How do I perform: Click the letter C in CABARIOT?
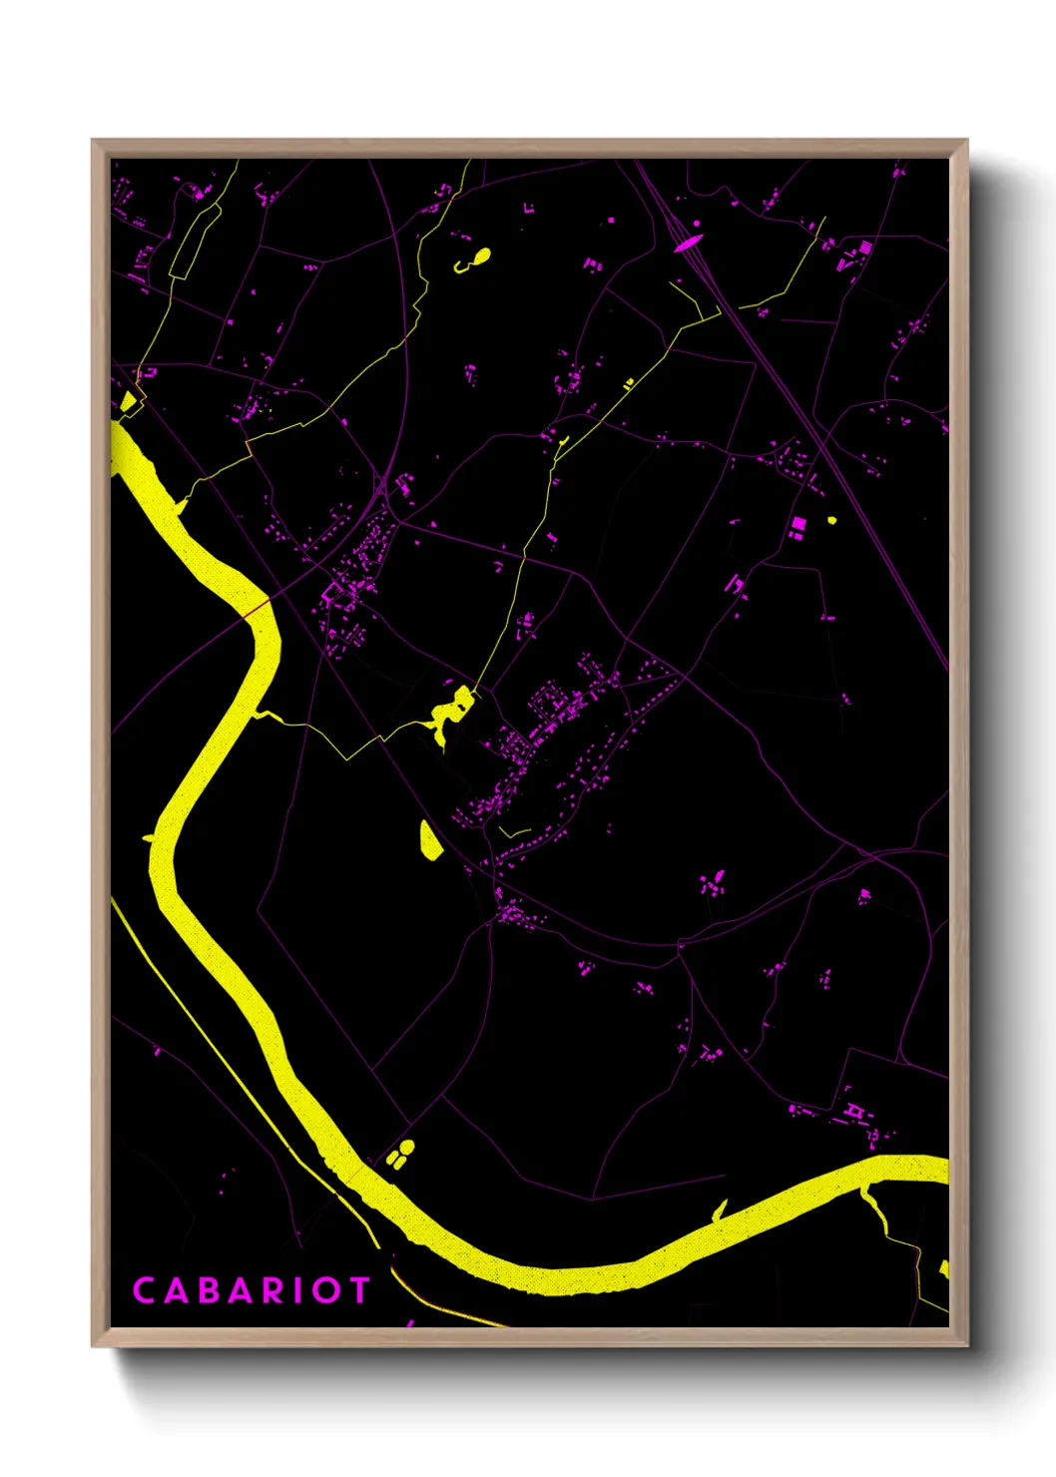click(x=144, y=1290)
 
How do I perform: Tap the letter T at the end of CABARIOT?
click(x=357, y=1290)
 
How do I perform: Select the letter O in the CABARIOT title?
click(x=324, y=1290)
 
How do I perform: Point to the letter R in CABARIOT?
click(x=270, y=1290)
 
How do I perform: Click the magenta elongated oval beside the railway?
click(x=688, y=242)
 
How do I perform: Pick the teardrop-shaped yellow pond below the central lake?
click(x=429, y=840)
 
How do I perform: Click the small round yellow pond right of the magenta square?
click(x=831, y=519)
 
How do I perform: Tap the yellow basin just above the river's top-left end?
click(x=128, y=402)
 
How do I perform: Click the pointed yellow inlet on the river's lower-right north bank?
click(x=720, y=1211)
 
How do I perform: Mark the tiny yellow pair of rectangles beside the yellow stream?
click(x=628, y=382)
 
